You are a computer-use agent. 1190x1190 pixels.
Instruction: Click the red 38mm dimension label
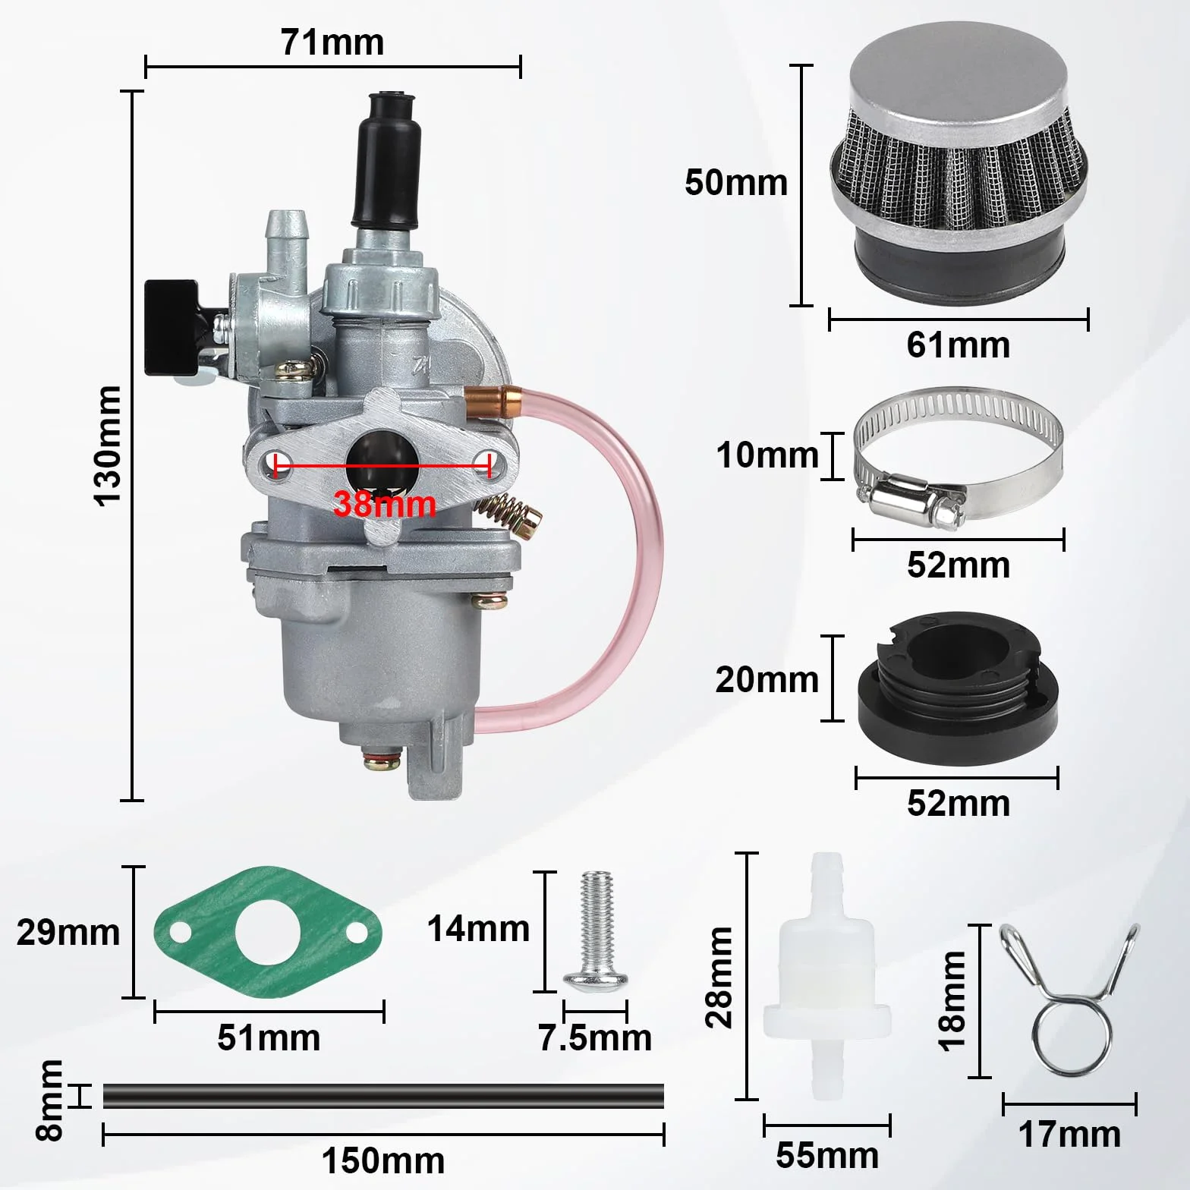[x=385, y=504]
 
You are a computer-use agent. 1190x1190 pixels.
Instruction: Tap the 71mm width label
[x=332, y=42]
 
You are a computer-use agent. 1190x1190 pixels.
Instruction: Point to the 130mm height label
[x=107, y=445]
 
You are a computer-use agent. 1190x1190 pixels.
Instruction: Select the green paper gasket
[x=268, y=933]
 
